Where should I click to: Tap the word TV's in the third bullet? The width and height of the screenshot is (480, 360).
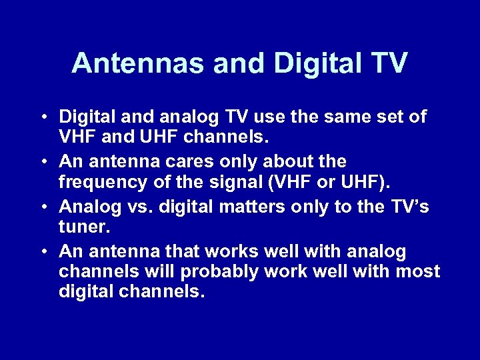(406, 207)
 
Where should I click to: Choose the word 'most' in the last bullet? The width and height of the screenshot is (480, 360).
(417, 272)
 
